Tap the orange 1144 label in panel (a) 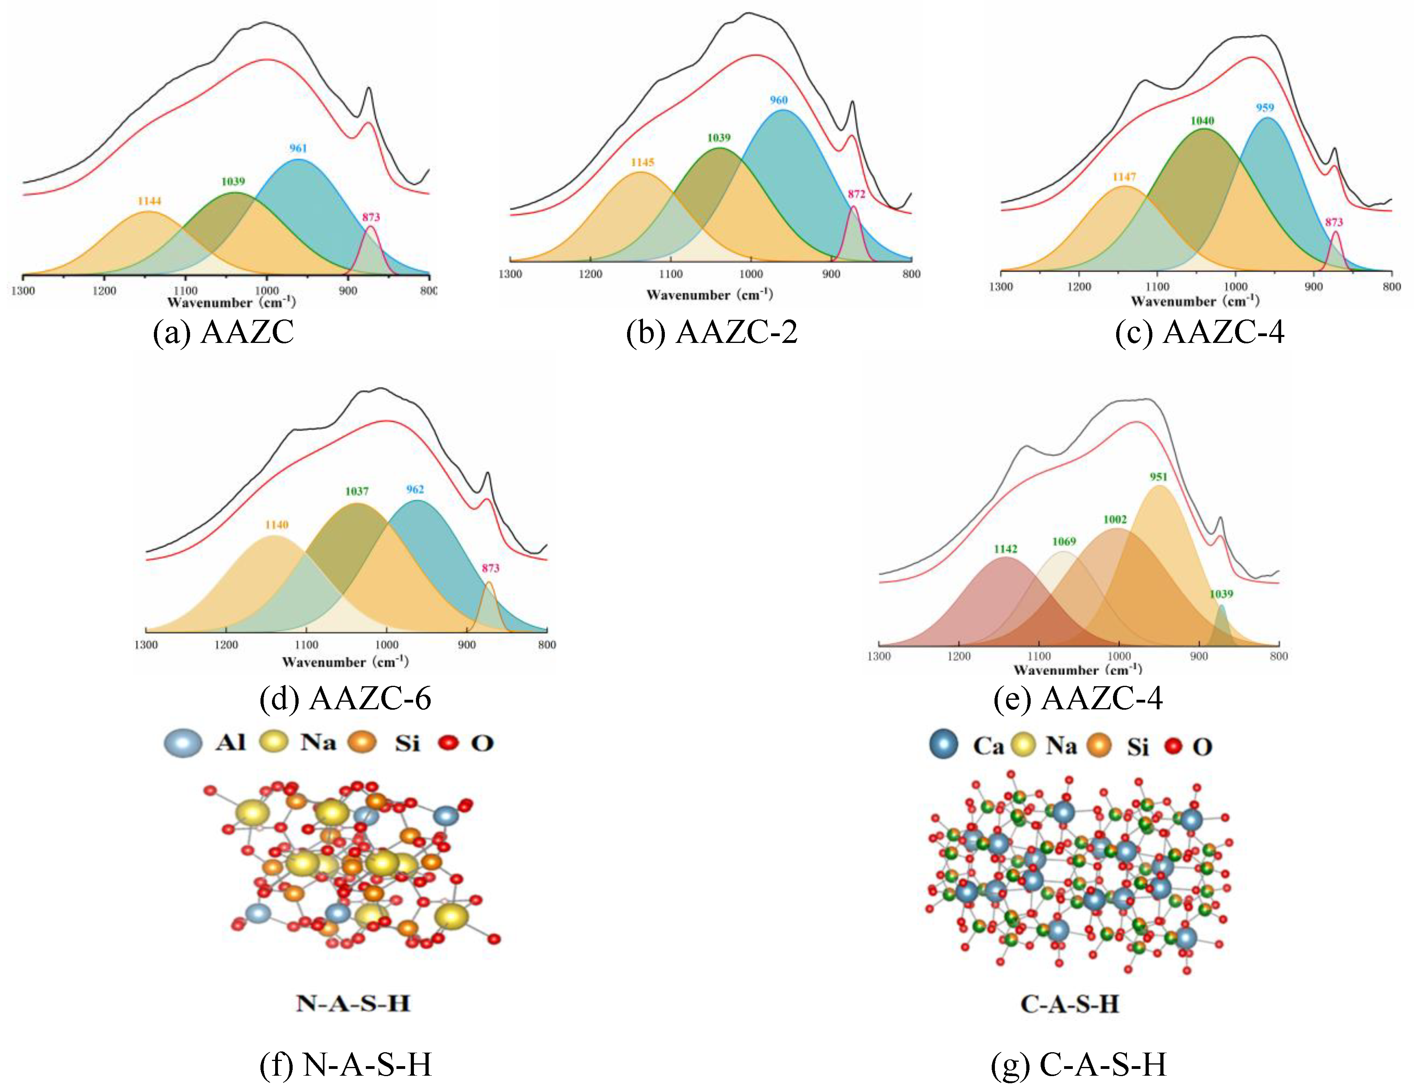click(149, 201)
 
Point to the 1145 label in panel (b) click(643, 163)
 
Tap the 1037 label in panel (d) click(357, 492)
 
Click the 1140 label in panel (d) click(276, 525)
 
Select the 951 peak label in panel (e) click(1159, 477)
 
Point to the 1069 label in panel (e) click(1064, 541)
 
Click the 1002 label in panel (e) click(1115, 520)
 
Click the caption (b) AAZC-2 click(711, 333)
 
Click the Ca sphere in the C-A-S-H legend click(943, 744)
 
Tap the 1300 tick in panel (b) click(510, 274)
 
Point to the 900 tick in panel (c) click(1313, 286)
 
